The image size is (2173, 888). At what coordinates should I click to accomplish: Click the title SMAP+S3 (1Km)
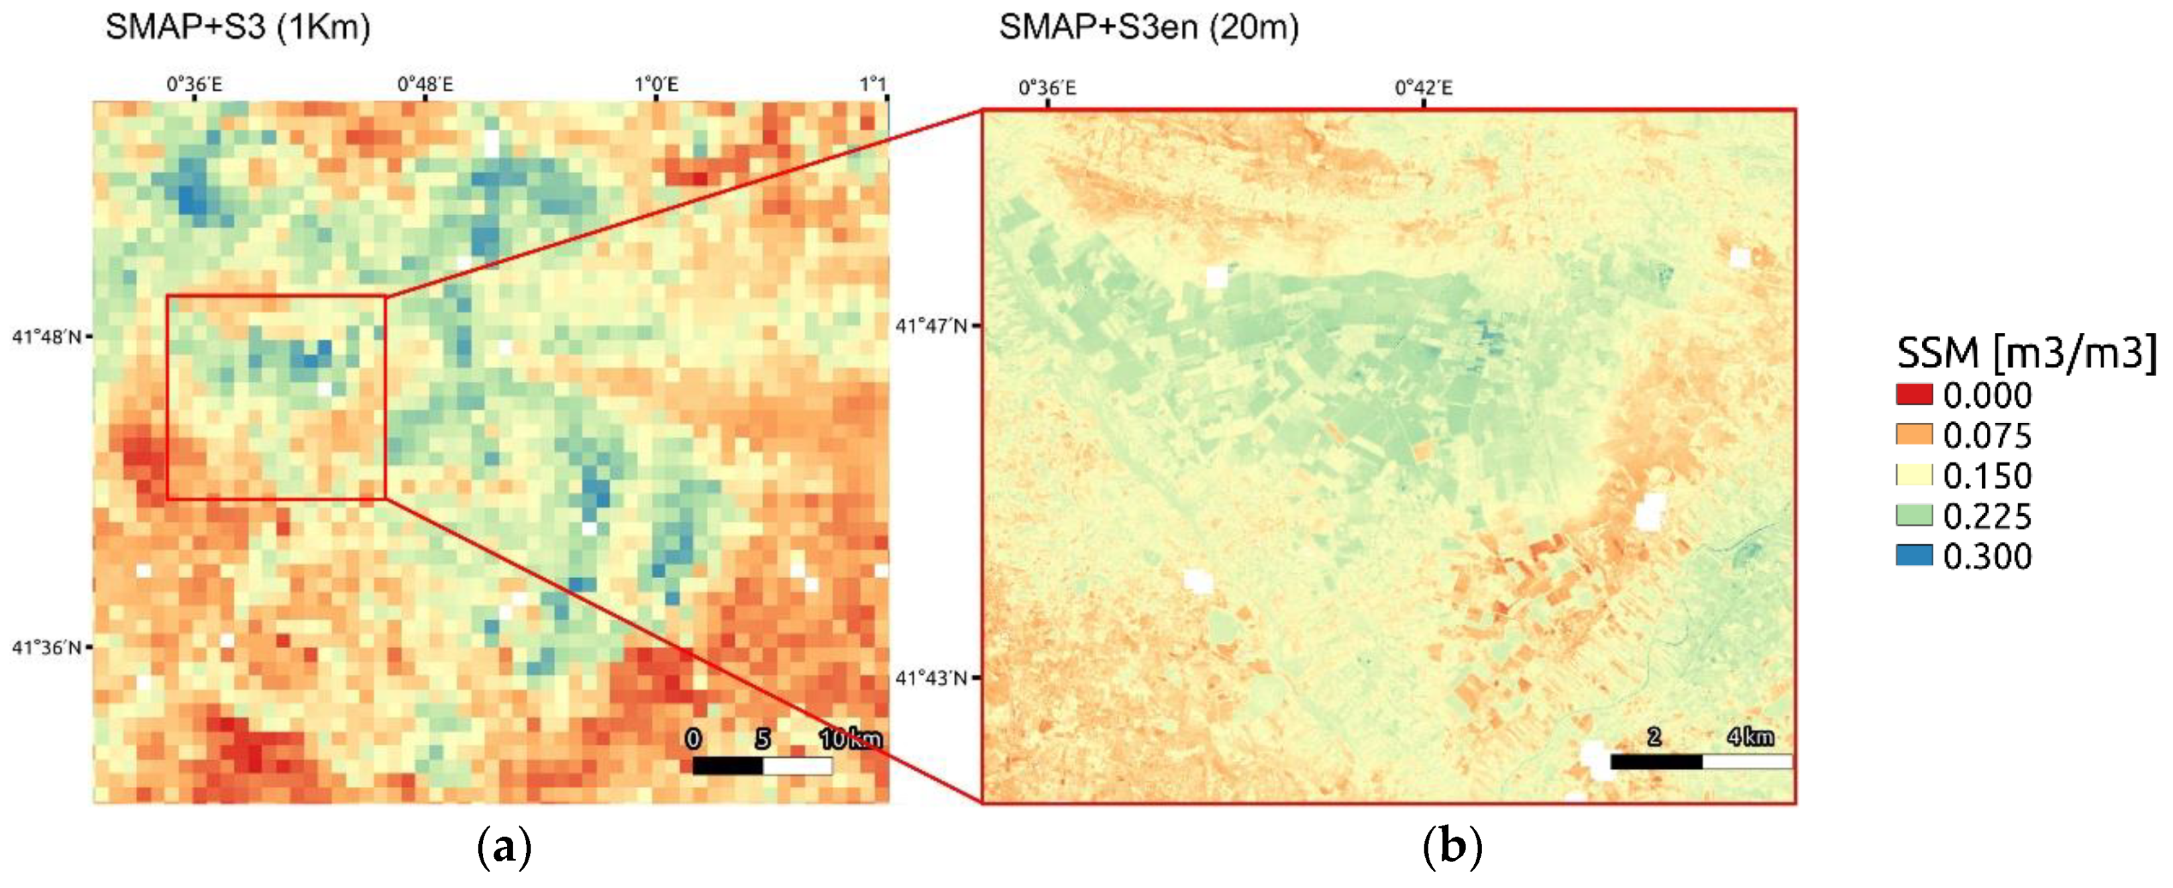point(237,27)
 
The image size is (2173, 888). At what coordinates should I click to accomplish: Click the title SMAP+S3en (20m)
point(1148,27)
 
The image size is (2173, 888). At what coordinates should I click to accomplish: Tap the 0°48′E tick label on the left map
point(425,84)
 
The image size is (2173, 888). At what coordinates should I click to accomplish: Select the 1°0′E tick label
point(657,84)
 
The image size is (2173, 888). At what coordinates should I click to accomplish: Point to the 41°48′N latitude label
point(46,337)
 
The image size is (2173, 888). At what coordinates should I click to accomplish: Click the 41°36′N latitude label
point(46,648)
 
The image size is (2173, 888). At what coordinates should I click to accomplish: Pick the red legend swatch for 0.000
point(1914,395)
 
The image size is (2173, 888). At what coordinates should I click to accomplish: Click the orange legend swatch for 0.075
point(1914,435)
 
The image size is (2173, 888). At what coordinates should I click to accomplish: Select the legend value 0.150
point(1987,475)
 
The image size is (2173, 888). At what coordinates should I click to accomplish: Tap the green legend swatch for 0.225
point(1914,515)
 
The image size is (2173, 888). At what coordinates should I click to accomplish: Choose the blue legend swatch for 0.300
point(1914,556)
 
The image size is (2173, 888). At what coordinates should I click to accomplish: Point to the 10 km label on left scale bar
point(850,739)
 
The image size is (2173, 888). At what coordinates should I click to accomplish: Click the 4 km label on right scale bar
point(1750,736)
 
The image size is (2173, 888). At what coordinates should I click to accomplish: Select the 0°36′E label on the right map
point(1047,87)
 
